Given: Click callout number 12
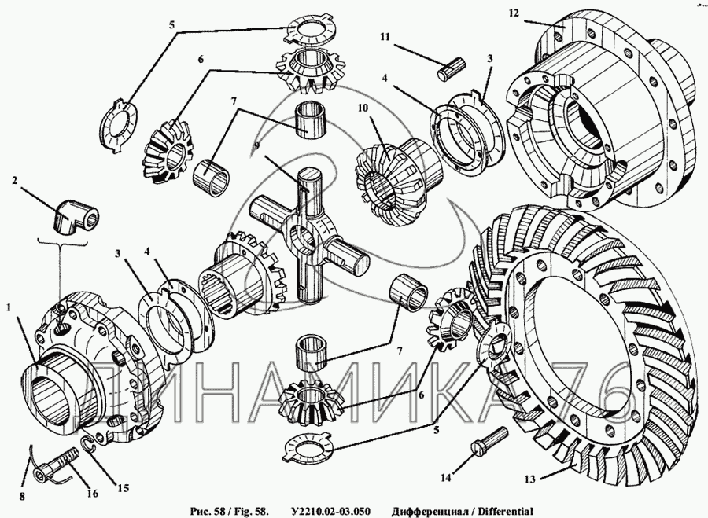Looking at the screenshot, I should pos(513,13).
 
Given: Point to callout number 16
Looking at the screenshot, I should pos(93,494).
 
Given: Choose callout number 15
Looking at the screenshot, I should pos(124,487).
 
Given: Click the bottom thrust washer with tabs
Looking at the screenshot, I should pos(308,447).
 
